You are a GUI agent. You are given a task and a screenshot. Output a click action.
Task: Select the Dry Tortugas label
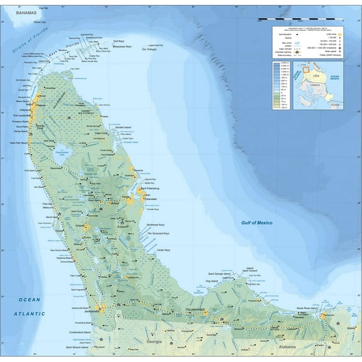tap(153, 57)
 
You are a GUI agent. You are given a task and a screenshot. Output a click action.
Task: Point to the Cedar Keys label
tap(163, 250)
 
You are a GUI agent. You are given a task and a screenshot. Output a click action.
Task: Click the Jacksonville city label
tap(92, 311)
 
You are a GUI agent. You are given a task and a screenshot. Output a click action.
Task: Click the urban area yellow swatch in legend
tap(342, 33)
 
